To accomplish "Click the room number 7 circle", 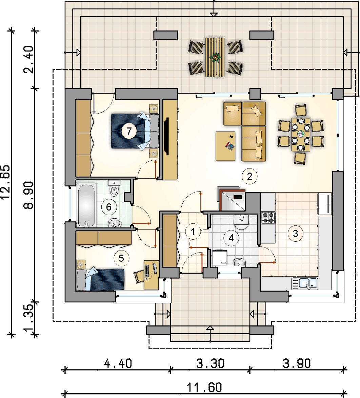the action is (129, 131).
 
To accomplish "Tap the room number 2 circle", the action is (249, 176).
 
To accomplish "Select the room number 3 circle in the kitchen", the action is (296, 234).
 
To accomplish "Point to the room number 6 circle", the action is (109, 207).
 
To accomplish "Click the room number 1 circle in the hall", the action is (193, 232).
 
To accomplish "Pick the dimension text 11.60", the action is (204, 387).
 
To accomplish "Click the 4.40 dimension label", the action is (118, 363).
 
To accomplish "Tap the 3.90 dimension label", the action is (297, 363).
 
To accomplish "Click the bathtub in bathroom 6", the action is (86, 205).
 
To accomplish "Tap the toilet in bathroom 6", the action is (114, 188).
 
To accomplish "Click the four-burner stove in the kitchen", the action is (268, 218).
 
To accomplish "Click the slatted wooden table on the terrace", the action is (215, 57).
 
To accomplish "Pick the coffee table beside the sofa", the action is (225, 146).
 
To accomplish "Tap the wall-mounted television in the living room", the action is (166, 136).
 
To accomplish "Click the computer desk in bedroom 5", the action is (151, 275).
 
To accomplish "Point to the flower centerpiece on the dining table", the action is (301, 134).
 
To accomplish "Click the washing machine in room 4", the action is (219, 257).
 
